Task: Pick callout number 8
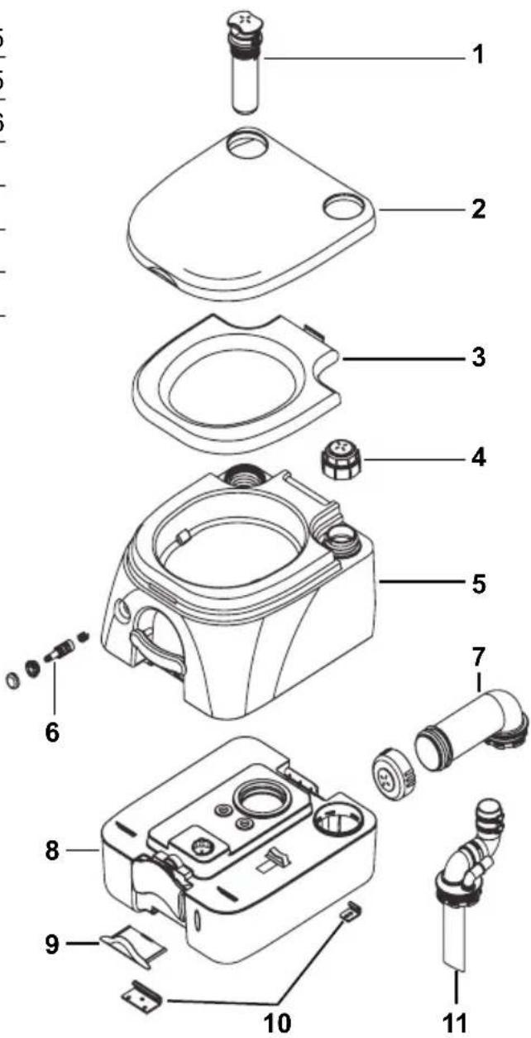[x=54, y=851]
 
